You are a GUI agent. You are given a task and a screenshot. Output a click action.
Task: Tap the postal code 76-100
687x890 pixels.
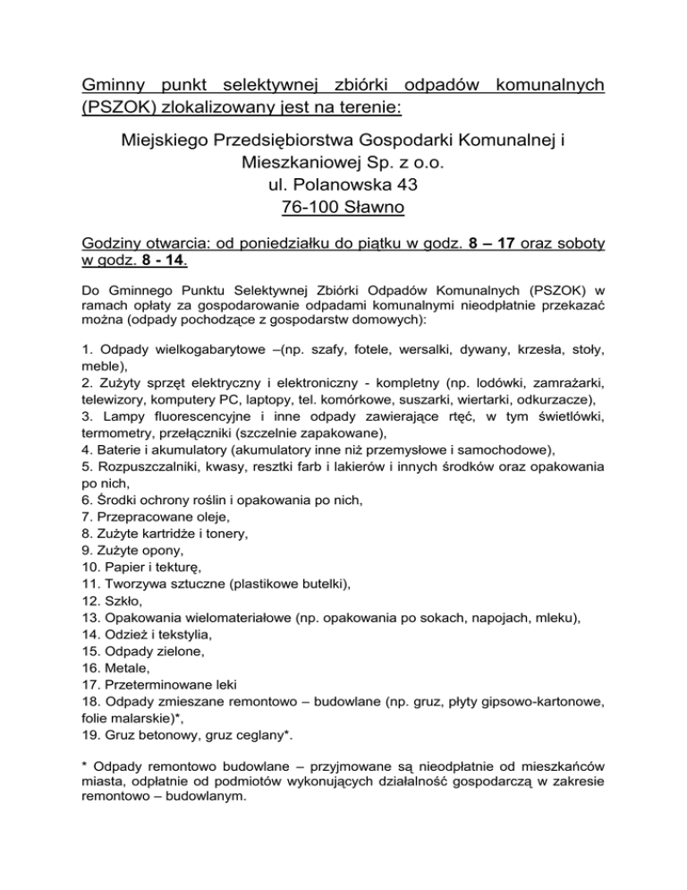point(310,209)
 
